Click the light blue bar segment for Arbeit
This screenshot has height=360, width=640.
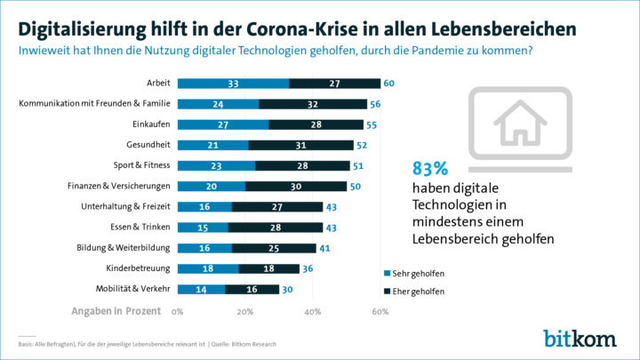tap(233, 84)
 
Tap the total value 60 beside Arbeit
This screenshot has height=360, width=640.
tap(389, 84)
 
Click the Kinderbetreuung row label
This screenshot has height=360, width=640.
tap(141, 268)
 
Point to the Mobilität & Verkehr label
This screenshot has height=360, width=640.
tap(133, 289)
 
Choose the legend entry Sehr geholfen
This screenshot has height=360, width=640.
tap(417, 273)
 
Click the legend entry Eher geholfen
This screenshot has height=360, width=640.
tap(417, 291)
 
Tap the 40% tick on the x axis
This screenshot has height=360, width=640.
tap(312, 312)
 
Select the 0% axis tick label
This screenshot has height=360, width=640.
tap(177, 312)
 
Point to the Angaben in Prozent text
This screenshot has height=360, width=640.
tap(116, 311)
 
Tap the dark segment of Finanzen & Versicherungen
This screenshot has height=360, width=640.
tap(295, 186)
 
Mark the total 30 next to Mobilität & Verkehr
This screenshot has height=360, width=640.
tap(288, 289)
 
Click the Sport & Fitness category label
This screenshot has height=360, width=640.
tap(140, 165)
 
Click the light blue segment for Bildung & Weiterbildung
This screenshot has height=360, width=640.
tap(204, 248)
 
